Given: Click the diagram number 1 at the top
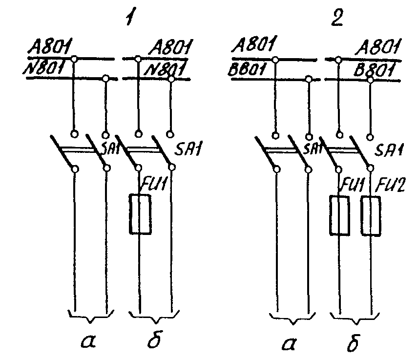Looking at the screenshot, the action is coord(131,17).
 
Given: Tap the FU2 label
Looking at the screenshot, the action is coord(390,185).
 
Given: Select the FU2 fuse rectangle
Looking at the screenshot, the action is coord(371,216).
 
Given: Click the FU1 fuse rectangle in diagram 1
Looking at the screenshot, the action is coord(140,214).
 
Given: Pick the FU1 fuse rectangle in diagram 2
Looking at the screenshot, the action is coord(339,215).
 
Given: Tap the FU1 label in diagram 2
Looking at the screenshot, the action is coord(351,184).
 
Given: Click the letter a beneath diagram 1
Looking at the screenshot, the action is coord(88,341).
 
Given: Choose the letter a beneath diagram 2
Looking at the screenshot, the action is coord(289,343).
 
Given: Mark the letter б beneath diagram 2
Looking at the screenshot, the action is coord(354,342).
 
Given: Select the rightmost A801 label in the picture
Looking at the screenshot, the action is coord(378,47).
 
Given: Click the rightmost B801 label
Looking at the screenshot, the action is coord(374,70).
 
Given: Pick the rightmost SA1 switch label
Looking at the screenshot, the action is coord(389,150).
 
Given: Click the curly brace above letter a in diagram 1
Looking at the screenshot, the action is coord(91,317).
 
